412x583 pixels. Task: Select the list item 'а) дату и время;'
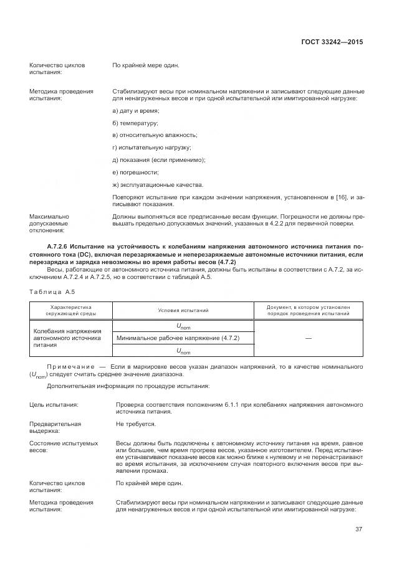tap(135, 110)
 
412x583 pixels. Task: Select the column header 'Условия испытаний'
tap(183, 310)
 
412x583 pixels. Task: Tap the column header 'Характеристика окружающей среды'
tap(70, 310)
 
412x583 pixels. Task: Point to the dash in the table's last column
tap(309, 338)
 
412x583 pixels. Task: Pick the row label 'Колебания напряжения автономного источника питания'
tap(67, 337)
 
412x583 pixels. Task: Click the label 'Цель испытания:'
tap(54, 404)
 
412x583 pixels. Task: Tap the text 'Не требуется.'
tap(135, 423)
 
